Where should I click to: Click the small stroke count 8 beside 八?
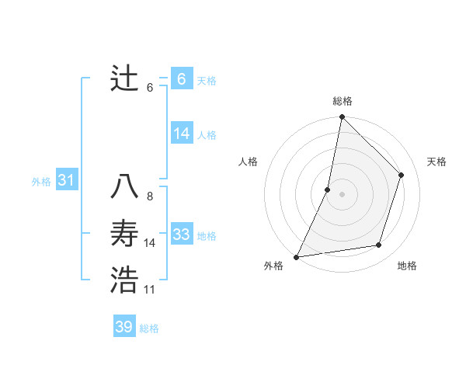[150, 196]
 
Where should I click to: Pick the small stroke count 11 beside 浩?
[150, 290]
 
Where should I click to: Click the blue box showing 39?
[124, 327]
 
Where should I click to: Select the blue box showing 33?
[182, 235]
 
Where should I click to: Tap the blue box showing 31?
[66, 181]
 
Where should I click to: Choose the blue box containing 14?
[182, 134]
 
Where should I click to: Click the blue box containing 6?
[182, 79]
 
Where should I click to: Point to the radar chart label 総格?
[343, 101]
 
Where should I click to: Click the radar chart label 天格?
[436, 162]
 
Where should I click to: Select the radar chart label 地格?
[407, 266]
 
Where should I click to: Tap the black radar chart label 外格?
[273, 266]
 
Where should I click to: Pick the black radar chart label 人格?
[248, 162]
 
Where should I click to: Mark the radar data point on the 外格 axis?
[296, 256]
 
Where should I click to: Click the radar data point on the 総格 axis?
[342, 117]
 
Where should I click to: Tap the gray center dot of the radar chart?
[342, 194]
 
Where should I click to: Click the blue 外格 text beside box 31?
[41, 182]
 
